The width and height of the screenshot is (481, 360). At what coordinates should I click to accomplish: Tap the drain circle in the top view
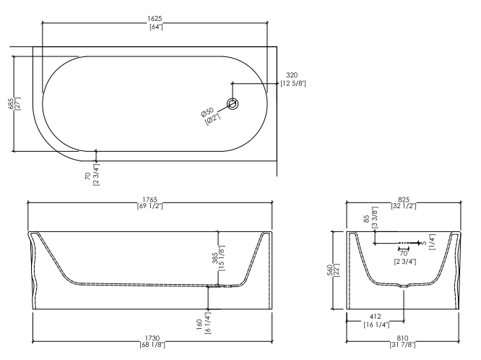(233, 104)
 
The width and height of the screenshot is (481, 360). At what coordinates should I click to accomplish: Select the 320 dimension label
(292, 75)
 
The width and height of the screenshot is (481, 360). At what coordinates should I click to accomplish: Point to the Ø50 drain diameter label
(207, 112)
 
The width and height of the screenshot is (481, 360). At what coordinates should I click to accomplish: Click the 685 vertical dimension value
(11, 104)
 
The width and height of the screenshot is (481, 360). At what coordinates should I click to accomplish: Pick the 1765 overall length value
(150, 200)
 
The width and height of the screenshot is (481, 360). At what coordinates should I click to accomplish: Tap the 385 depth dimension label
(215, 258)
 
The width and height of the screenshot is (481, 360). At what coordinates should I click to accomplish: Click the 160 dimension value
(199, 325)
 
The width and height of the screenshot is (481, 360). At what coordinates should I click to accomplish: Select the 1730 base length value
(152, 338)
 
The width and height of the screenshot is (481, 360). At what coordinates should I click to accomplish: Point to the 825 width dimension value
(404, 200)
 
